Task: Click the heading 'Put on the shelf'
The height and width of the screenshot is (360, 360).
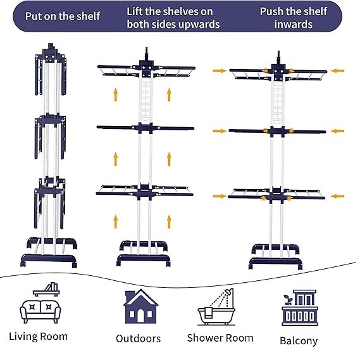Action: point(63,16)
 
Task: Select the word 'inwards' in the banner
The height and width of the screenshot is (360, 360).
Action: point(293,24)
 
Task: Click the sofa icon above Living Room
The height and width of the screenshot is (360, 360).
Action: point(40,311)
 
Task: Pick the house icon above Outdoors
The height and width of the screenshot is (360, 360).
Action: point(140,306)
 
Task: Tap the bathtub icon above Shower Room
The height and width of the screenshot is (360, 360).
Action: point(216,316)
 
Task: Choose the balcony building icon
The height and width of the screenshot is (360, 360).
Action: point(300,307)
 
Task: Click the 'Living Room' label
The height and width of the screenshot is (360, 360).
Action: point(39,337)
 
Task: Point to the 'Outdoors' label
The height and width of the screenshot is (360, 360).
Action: point(138,338)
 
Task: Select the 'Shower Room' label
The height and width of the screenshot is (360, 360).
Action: point(220,338)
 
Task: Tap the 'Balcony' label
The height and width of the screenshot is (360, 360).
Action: point(299,341)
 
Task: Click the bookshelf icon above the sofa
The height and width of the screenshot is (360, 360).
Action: point(46,289)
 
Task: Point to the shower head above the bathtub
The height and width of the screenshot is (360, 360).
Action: point(229,292)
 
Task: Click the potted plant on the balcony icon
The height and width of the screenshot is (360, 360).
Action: point(287,300)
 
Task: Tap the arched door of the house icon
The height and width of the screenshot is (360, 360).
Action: point(140,316)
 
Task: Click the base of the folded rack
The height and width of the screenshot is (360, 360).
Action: point(49,260)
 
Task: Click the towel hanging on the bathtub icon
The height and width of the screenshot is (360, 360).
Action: point(208,313)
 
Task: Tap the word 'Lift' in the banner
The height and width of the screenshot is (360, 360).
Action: point(135,11)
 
